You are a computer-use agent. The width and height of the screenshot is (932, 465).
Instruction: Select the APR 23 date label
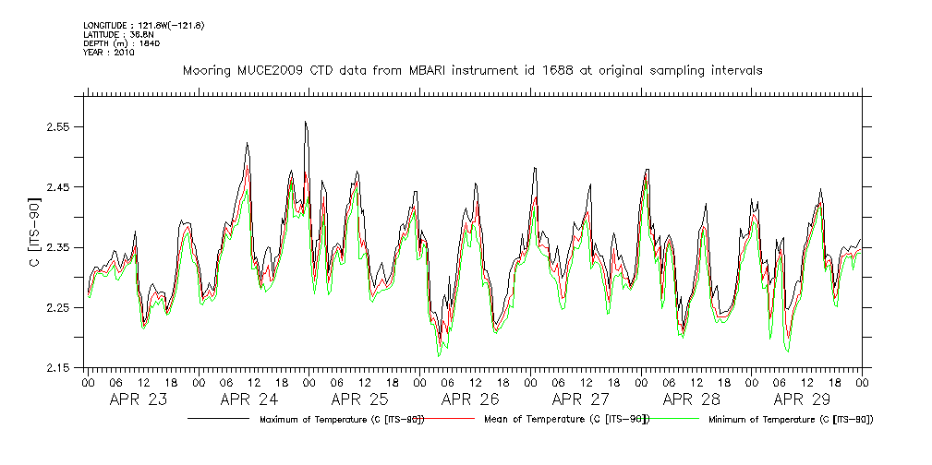point(139,399)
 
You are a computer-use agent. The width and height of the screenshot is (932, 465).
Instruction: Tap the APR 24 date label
point(249,399)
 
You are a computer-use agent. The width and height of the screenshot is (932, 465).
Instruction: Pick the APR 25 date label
point(359,399)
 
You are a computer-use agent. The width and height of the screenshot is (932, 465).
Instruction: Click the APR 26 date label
point(470,399)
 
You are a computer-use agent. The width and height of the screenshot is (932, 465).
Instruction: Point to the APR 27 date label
point(581,399)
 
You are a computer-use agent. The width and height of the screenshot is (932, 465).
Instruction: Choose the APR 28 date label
point(692,399)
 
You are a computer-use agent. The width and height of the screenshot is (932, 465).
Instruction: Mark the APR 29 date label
point(802,399)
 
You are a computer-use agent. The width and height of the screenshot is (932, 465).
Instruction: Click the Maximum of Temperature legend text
point(342,420)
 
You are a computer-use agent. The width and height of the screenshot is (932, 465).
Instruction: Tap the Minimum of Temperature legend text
point(791,420)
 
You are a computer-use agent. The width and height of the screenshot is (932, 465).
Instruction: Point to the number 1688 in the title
point(561,70)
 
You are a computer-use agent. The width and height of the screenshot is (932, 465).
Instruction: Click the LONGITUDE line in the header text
point(143,25)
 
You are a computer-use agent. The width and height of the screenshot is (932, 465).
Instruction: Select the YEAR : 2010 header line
point(109,53)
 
